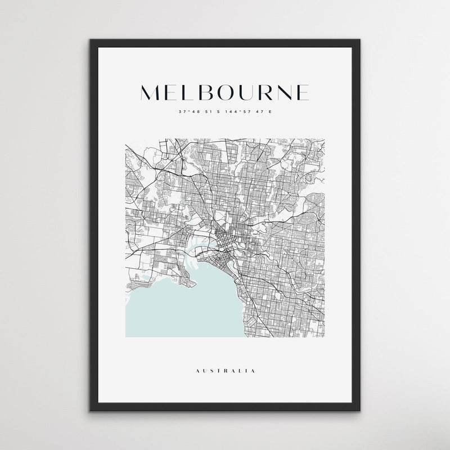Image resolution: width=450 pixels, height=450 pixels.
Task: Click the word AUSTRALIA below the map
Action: (225, 371)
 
